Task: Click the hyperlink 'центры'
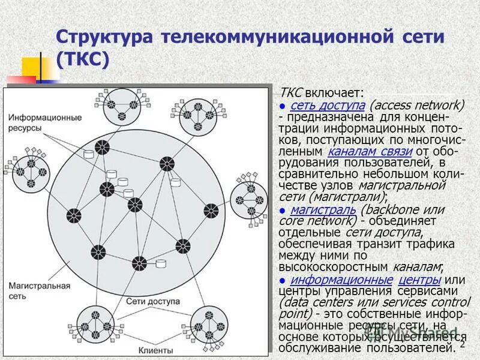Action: [420, 280]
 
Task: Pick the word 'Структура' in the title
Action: [104, 36]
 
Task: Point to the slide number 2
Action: [463, 344]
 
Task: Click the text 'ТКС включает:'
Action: [322, 93]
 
